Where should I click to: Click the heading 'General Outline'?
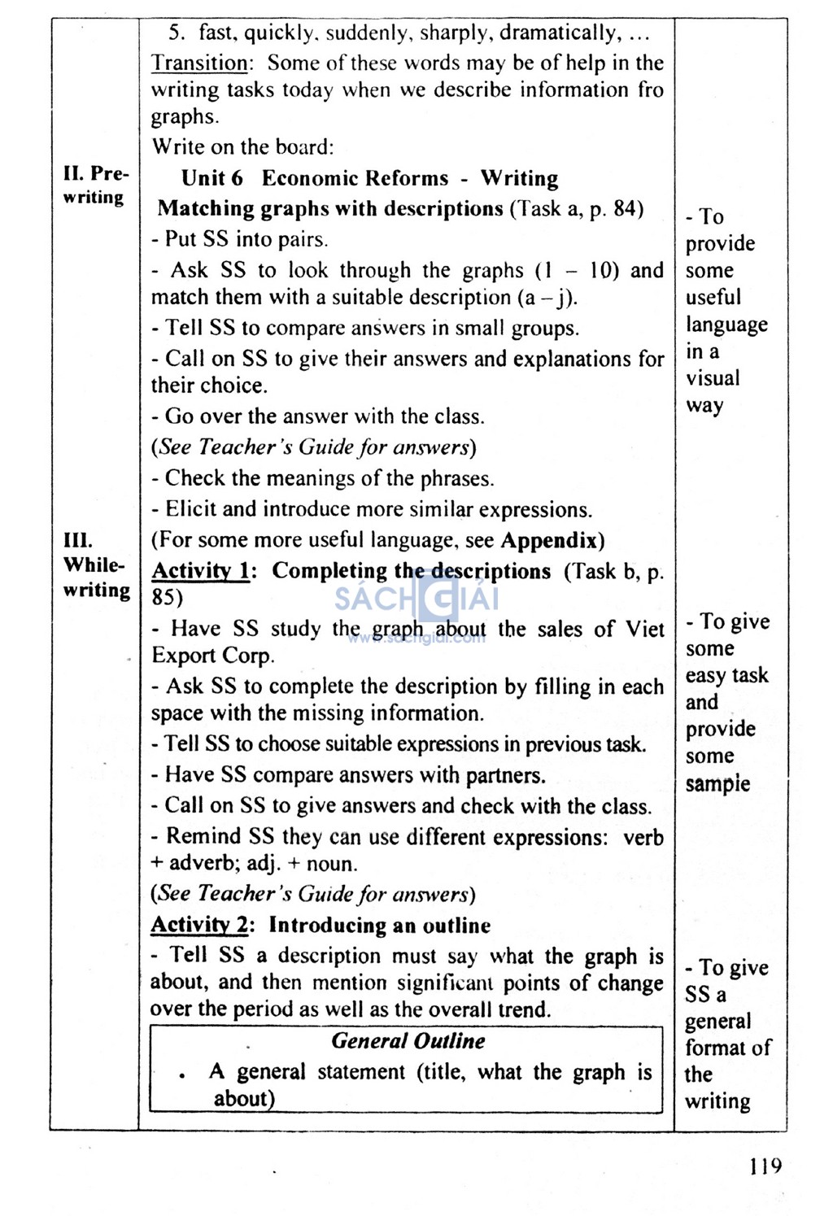tap(408, 1041)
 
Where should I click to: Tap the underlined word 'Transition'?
tap(200, 63)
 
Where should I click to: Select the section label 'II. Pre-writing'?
tap(95, 185)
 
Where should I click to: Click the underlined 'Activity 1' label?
tap(201, 571)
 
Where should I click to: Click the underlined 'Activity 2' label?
tap(200, 925)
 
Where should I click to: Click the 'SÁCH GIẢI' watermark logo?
tap(417, 600)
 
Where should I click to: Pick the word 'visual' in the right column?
tap(713, 378)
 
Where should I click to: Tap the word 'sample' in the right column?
tap(717, 783)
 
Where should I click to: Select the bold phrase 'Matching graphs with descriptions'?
tap(330, 208)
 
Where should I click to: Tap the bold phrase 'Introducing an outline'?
tap(380, 925)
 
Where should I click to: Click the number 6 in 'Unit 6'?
tap(237, 178)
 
